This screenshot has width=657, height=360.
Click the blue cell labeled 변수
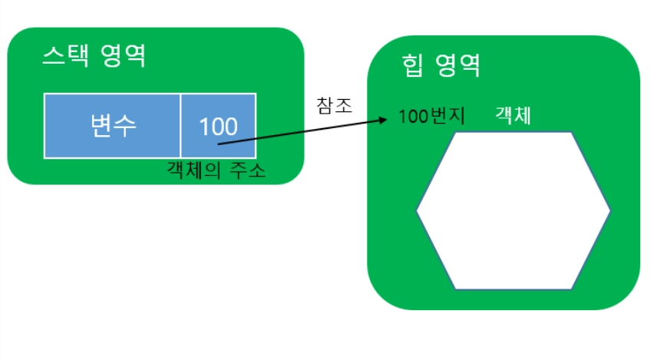tap(112, 125)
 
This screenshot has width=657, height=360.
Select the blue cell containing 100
tap(218, 125)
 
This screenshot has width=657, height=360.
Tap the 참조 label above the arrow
tap(334, 105)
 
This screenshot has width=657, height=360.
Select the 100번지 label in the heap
tap(432, 119)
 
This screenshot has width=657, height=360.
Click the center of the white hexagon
tap(513, 210)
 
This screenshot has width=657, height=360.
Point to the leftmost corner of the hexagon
tap(418, 210)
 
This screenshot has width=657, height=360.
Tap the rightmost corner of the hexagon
tap(610, 210)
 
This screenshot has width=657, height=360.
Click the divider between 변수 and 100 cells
tap(180, 125)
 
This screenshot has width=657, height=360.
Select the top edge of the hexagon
tap(513, 132)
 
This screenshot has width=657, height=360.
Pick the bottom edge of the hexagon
tap(513, 289)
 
